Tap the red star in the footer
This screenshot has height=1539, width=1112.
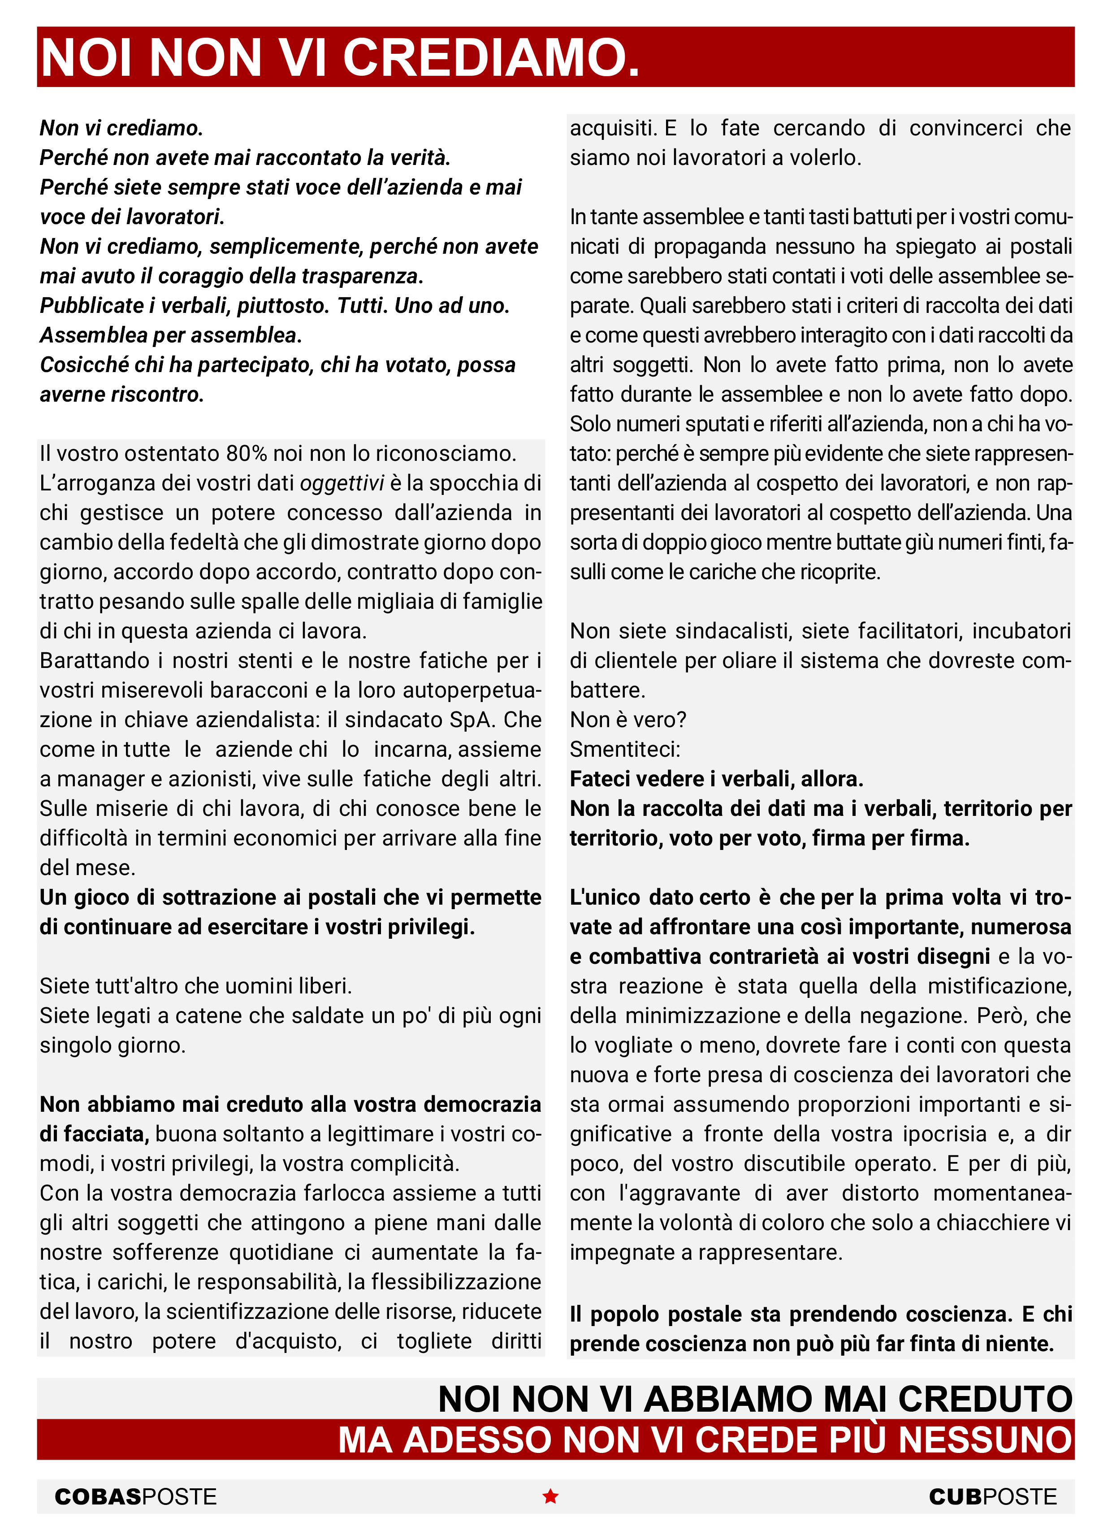(x=550, y=1496)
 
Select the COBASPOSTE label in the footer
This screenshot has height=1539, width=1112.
(x=136, y=1497)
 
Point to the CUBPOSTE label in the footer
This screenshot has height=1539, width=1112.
(x=993, y=1497)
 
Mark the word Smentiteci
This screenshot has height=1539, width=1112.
(x=625, y=749)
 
